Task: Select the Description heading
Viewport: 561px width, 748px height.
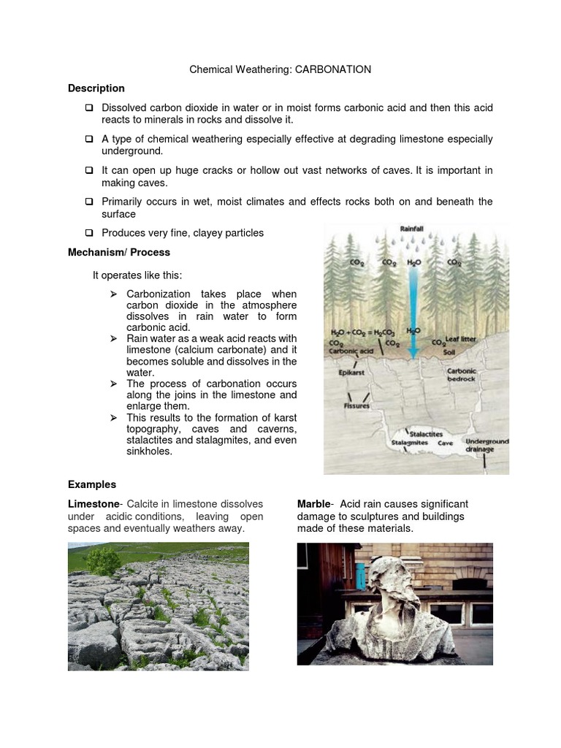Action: click(96, 88)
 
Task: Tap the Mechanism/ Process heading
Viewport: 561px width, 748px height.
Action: click(118, 252)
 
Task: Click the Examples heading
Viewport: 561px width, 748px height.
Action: click(91, 484)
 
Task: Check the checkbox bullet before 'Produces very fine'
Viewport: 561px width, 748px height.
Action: click(88, 233)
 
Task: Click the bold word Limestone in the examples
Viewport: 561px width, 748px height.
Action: click(92, 504)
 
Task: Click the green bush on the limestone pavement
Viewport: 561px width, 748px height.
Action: click(103, 562)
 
